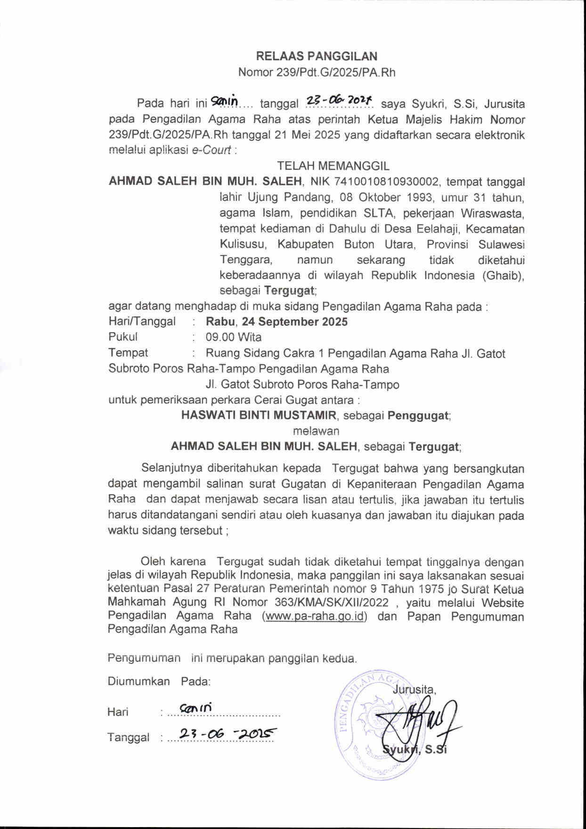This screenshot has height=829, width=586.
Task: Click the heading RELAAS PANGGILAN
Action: (x=317, y=56)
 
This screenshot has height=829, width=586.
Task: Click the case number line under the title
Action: (x=317, y=72)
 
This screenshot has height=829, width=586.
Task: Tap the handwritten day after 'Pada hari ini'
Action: (x=225, y=100)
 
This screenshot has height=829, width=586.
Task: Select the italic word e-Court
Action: (x=212, y=150)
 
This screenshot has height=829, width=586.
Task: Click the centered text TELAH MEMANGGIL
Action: (x=333, y=166)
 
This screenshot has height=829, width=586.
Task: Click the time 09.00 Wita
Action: (x=234, y=337)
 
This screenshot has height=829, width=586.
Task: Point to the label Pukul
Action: (x=123, y=337)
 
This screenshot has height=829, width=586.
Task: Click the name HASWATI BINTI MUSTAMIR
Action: (x=259, y=415)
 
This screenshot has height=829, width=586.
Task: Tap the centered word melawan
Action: (x=316, y=431)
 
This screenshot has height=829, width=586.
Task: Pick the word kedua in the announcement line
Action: (x=339, y=658)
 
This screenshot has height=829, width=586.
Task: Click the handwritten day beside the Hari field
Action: (x=195, y=708)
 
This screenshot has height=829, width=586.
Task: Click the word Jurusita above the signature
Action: (x=414, y=689)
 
